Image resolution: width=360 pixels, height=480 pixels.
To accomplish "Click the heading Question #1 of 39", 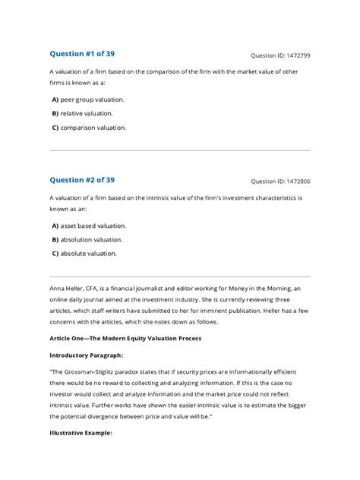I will [x=82, y=54].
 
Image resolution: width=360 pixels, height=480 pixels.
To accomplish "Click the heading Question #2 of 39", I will [x=82, y=180].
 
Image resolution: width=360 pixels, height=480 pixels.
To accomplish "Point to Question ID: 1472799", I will [x=280, y=56].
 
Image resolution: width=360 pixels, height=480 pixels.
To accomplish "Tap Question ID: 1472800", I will [x=280, y=182].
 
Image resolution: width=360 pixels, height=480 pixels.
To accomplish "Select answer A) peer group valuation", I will [x=88, y=99].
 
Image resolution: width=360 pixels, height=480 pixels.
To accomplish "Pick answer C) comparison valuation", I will [x=89, y=128].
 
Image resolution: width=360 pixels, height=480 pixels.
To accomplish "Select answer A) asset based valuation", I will [x=89, y=226].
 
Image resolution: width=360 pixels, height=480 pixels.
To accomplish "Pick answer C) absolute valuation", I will [x=84, y=254].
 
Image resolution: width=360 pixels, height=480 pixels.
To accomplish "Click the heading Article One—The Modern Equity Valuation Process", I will [x=125, y=337].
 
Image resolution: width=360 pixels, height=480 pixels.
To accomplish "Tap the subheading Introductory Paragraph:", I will [x=87, y=355].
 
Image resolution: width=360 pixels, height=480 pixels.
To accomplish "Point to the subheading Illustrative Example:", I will [x=81, y=433].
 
